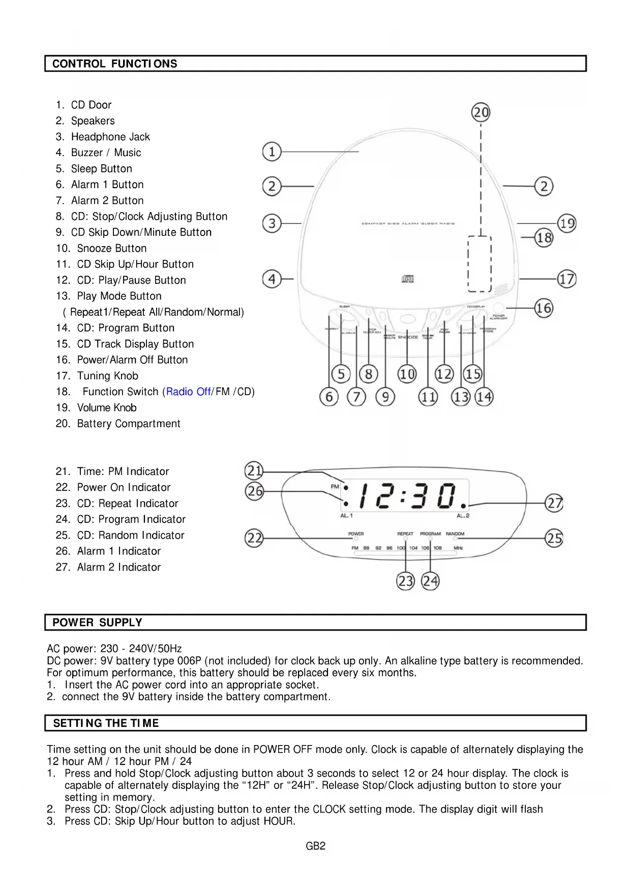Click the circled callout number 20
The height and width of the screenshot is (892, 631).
pyautogui.click(x=481, y=112)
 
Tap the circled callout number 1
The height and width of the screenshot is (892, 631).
pyautogui.click(x=272, y=152)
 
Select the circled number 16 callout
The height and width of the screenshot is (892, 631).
pyautogui.click(x=544, y=308)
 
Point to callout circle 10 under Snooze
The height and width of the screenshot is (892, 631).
pyautogui.click(x=407, y=374)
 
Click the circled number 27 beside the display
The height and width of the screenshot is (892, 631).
pyautogui.click(x=554, y=503)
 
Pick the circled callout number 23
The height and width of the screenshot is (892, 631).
pyautogui.click(x=405, y=581)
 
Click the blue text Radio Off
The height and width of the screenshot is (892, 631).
pyautogui.click(x=188, y=392)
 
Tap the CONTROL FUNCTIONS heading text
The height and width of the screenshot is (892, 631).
pyautogui.click(x=115, y=64)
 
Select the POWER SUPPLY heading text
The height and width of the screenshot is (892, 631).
pyautogui.click(x=97, y=622)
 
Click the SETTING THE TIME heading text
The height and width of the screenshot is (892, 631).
pyautogui.click(x=106, y=723)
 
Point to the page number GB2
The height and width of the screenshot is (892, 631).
pyautogui.click(x=315, y=846)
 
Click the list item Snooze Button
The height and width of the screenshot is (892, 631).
pyautogui.click(x=111, y=248)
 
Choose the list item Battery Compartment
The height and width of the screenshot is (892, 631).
pyautogui.click(x=128, y=424)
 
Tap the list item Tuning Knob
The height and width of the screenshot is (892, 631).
pyautogui.click(x=107, y=376)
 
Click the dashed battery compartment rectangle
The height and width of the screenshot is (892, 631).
pyautogui.click(x=479, y=263)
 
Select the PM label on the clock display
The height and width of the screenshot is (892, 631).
pyautogui.click(x=335, y=486)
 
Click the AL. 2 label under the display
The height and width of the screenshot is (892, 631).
pyautogui.click(x=463, y=516)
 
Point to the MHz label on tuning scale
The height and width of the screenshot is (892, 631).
pyautogui.click(x=458, y=548)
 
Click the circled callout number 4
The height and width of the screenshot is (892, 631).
pyautogui.click(x=272, y=279)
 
